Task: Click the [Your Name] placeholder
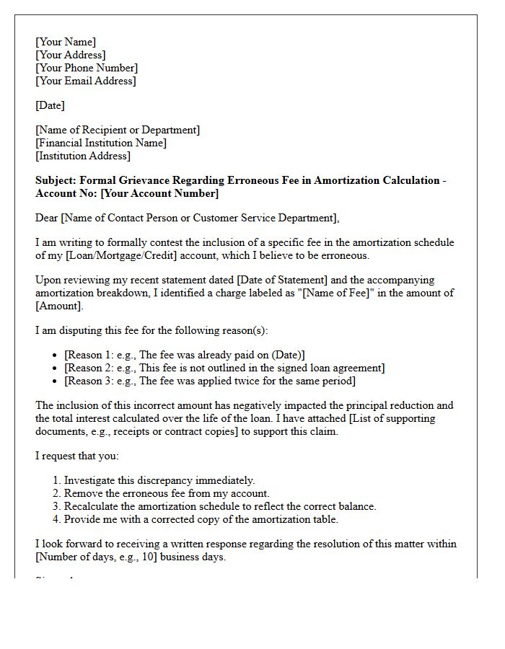pos(66,42)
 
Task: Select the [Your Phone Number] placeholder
pos(87,68)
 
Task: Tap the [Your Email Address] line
pos(85,81)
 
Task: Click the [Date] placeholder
pos(50,105)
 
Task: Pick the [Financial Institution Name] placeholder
pos(101,143)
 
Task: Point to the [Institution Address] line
pos(83,156)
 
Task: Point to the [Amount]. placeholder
pos(59,306)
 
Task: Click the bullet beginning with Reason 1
pos(184,355)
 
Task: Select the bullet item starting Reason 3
pos(209,381)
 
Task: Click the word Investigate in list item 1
pos(90,480)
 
